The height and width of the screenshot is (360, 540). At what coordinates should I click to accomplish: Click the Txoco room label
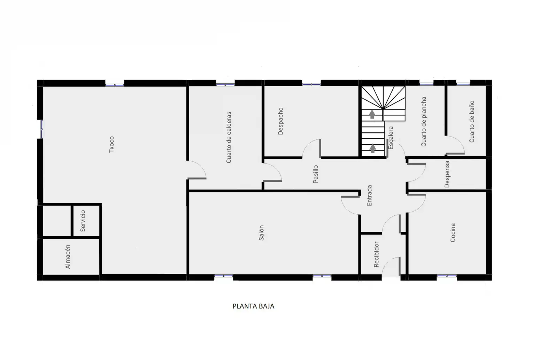111,144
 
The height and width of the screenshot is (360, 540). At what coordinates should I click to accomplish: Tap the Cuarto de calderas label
229,137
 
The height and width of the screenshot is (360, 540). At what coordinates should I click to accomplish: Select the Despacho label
280,121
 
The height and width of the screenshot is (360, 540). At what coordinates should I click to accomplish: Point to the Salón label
261,233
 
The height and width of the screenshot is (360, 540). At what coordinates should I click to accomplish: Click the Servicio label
83,221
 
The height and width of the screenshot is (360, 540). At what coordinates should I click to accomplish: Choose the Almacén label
68,256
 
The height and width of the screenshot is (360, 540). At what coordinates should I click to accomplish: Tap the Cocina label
453,233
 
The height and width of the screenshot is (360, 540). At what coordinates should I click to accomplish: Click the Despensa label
447,174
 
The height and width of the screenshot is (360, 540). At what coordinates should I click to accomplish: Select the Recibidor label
376,254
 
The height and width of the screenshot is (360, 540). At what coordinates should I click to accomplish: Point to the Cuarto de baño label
471,122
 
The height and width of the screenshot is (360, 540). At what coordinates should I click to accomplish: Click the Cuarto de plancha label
424,122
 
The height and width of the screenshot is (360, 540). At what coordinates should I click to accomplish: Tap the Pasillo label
316,174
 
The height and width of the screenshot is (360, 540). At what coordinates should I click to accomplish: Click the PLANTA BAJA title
253,306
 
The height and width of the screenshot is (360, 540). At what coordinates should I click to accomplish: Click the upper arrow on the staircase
372,114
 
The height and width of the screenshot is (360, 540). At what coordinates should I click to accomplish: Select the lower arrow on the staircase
373,148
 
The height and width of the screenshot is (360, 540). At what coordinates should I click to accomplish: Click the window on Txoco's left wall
41,129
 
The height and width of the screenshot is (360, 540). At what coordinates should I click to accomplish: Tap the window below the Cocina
447,276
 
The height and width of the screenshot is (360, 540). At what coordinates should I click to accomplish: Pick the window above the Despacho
311,84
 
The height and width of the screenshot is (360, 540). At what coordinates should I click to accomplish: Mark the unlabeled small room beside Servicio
57,221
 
